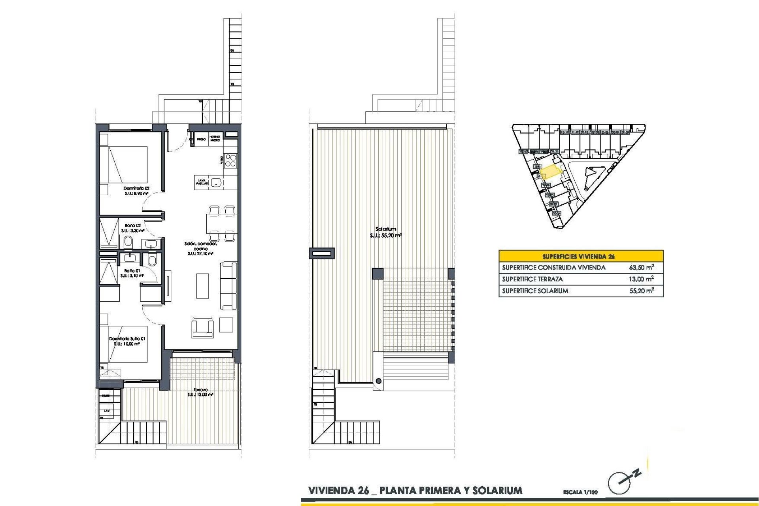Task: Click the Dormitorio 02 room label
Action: click(136, 189)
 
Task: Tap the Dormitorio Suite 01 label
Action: click(127, 339)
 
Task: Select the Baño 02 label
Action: click(132, 225)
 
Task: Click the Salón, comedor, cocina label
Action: click(200, 246)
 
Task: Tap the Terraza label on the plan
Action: click(200, 390)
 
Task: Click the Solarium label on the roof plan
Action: click(386, 229)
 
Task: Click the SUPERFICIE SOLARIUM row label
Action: click(535, 291)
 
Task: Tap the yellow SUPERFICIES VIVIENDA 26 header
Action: click(581, 256)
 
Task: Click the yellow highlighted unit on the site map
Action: click(551, 172)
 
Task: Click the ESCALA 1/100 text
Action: click(580, 492)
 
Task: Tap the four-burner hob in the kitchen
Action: click(231, 160)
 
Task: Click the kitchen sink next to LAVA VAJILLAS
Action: click(216, 183)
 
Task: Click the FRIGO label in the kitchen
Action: click(201, 140)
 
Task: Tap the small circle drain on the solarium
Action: click(379, 381)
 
